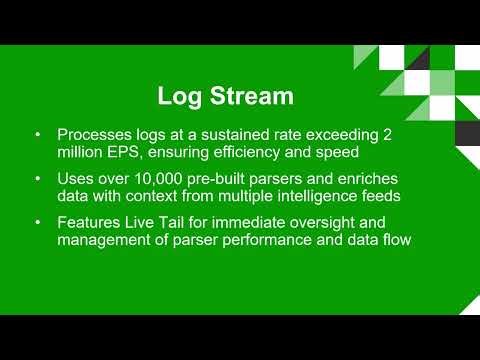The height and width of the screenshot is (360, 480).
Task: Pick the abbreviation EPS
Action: point(125,152)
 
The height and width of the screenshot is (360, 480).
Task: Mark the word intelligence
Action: point(343,196)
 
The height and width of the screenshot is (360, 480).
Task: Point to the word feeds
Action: point(410,196)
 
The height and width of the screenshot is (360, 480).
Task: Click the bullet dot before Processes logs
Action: point(37,135)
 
